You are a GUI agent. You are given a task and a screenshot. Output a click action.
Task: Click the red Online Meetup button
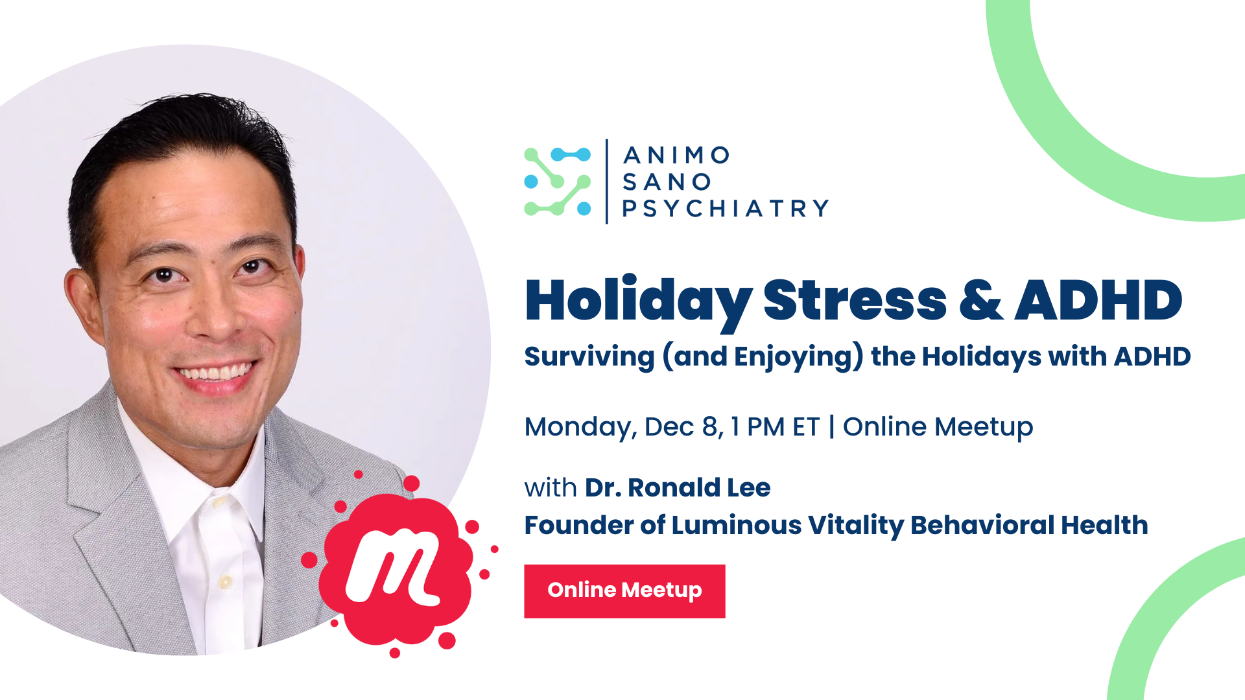coord(624,591)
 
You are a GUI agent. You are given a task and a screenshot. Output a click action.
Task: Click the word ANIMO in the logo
coord(676,156)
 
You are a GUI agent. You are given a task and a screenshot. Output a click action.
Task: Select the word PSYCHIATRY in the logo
coord(725,209)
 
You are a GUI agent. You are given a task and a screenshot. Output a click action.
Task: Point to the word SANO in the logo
coord(667,182)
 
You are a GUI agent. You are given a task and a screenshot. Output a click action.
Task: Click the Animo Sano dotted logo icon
coord(558,181)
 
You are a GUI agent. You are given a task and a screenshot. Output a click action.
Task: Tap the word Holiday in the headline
coord(639,301)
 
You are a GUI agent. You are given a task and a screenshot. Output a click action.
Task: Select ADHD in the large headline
coord(1099,300)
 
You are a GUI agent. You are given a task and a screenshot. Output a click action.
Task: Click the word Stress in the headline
coord(855,300)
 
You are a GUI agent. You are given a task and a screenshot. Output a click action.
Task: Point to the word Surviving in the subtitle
coord(589,357)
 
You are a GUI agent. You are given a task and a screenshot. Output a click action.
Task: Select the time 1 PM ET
coord(775,427)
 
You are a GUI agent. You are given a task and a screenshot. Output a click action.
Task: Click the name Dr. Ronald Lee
coord(678,487)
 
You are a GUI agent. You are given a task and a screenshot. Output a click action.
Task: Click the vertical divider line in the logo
coord(607,181)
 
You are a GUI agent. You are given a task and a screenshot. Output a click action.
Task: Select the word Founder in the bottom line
coord(579,525)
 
